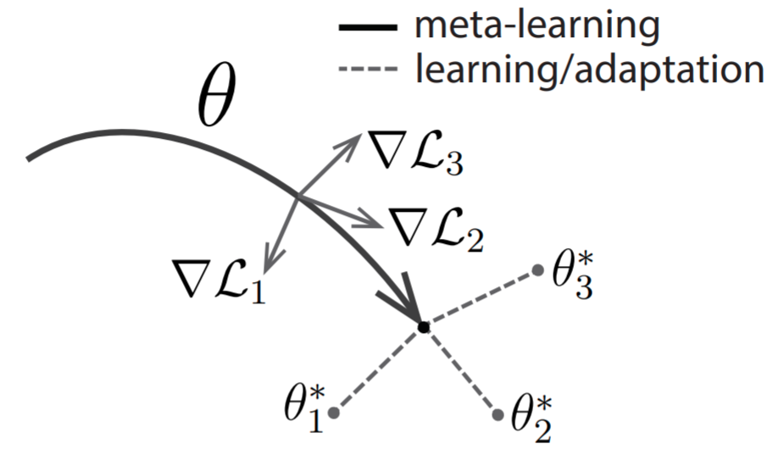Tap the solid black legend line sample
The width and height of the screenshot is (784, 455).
[x=368, y=28]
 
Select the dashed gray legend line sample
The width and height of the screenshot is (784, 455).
[x=368, y=68]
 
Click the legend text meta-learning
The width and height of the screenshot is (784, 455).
[x=537, y=26]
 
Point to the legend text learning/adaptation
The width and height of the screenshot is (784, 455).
[x=590, y=68]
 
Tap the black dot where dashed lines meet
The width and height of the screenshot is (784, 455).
[x=424, y=328]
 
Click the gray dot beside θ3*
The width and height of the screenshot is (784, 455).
[x=538, y=270]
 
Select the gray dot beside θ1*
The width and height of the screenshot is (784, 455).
[x=334, y=413]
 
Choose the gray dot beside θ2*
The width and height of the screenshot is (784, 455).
[x=498, y=414]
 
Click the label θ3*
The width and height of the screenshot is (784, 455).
[x=572, y=275]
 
